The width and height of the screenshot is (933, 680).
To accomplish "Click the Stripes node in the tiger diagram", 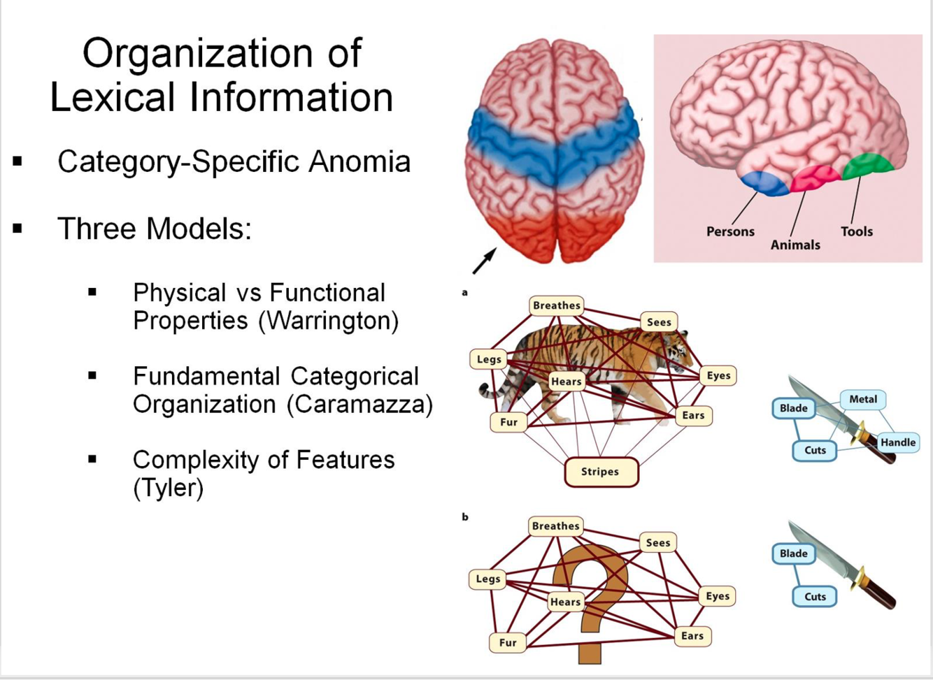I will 601,472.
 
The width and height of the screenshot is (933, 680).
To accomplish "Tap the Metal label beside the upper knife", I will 862,399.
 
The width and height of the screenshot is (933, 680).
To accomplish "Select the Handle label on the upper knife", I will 898,442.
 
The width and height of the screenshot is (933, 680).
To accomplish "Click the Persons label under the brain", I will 730,231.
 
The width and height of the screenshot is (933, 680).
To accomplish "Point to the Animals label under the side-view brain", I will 795,245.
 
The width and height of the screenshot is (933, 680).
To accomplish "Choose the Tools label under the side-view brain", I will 857,231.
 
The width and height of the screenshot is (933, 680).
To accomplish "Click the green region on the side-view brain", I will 867,166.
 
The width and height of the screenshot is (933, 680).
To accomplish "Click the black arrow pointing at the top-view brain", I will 484,261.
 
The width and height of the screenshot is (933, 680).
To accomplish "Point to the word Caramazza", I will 359,405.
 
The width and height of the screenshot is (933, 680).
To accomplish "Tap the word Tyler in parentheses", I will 169,488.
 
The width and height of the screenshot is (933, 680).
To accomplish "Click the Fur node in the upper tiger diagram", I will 508,422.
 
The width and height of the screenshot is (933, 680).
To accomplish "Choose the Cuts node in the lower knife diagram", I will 815,597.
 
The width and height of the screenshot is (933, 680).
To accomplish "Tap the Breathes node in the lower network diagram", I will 555,526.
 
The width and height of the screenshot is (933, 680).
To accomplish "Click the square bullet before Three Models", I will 18,229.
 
